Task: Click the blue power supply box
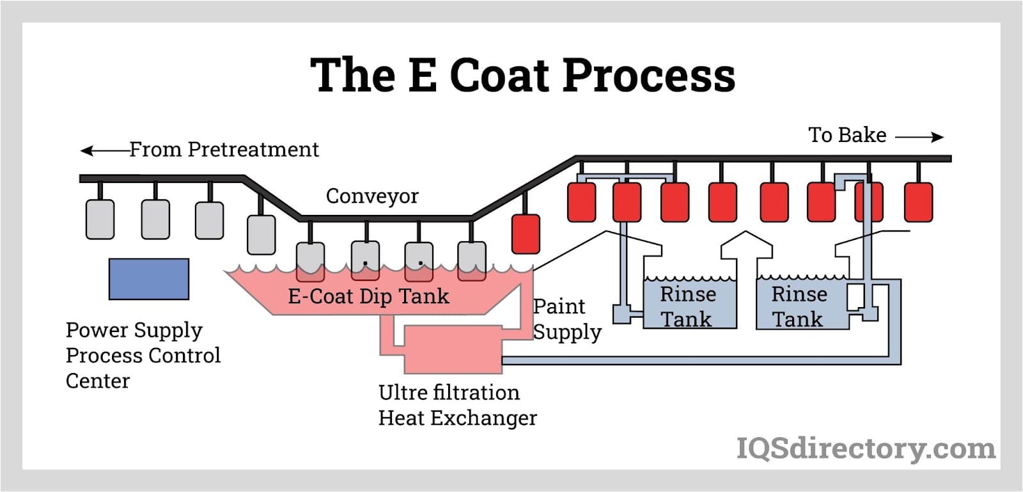[x=149, y=279]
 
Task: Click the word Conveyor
[x=372, y=196]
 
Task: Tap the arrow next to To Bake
[x=919, y=136]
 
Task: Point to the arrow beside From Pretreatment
[x=104, y=151]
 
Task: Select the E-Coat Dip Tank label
[x=368, y=296]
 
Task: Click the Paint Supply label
[x=566, y=319]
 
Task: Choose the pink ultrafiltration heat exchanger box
[x=453, y=349]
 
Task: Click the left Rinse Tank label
[x=687, y=306]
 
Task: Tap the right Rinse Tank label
[x=799, y=306]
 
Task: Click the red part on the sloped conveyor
[x=526, y=234]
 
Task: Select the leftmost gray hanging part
[x=100, y=219]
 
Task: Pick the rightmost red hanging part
[x=918, y=202]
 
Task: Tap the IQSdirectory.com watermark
[x=866, y=448]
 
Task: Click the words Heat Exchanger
[x=457, y=418]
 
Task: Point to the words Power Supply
[x=134, y=330]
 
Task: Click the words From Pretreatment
[x=224, y=150]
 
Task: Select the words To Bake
[x=847, y=135]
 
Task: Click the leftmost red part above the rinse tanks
[x=581, y=202]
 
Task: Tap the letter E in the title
[x=422, y=75]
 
